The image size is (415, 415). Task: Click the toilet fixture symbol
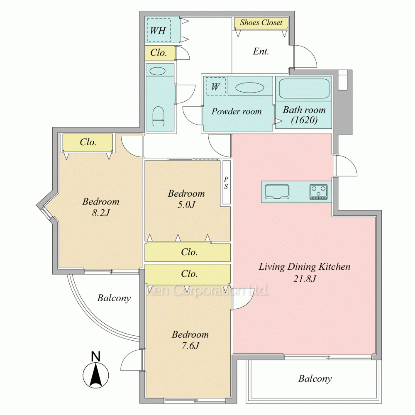pyautogui.click(x=158, y=117)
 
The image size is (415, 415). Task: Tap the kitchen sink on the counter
pyautogui.click(x=277, y=192)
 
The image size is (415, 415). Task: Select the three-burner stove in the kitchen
pyautogui.click(x=318, y=192)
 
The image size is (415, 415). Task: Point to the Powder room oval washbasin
pyautogui.click(x=249, y=88)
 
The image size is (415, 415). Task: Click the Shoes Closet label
pyautogui.click(x=261, y=22)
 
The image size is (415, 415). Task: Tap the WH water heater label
pyautogui.click(x=158, y=31)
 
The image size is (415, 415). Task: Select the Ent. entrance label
pyautogui.click(x=261, y=51)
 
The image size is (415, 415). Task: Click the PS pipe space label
pyautogui.click(x=226, y=183)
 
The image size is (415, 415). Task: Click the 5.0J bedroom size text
pyautogui.click(x=186, y=205)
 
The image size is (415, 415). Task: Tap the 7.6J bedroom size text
pyautogui.click(x=190, y=346)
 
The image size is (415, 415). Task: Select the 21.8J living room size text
pyautogui.click(x=304, y=279)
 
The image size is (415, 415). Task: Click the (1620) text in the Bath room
pyautogui.click(x=304, y=120)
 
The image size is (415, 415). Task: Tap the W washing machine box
pyautogui.click(x=216, y=86)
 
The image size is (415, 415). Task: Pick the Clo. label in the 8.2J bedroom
pyautogui.click(x=88, y=142)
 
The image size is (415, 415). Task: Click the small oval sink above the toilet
pyautogui.click(x=157, y=71)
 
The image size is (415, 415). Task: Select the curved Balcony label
pyautogui.click(x=114, y=298)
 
